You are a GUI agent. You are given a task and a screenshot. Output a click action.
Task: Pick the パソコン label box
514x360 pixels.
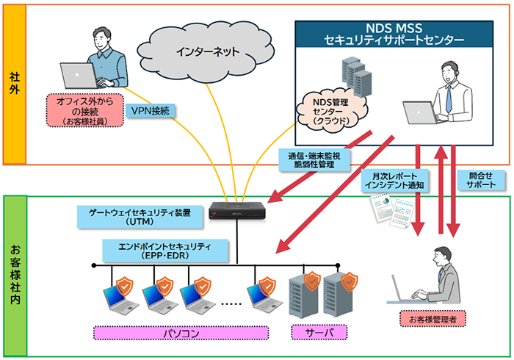[x=181, y=333]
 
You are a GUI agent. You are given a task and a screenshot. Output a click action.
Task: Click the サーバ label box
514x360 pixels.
[x=318, y=333]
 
